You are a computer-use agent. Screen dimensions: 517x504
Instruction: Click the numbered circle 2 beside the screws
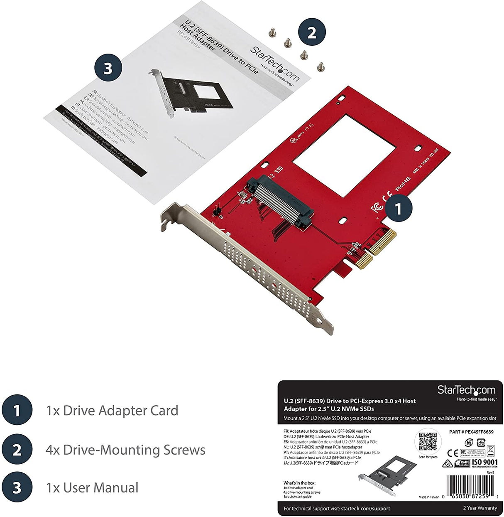click(311, 32)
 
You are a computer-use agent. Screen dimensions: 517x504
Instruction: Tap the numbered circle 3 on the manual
click(108, 68)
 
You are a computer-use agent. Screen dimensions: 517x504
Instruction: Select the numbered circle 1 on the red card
click(399, 209)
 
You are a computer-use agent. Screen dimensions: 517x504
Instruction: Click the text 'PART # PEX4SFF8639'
click(471, 432)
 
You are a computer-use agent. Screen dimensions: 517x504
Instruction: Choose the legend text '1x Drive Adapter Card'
click(112, 411)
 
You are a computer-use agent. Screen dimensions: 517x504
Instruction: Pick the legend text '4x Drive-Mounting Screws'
click(125, 450)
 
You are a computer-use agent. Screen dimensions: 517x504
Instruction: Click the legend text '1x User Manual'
click(92, 487)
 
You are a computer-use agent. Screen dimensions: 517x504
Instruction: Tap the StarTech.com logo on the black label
click(466, 391)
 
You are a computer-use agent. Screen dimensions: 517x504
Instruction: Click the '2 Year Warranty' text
click(480, 508)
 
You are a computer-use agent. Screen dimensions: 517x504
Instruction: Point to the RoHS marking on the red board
click(402, 184)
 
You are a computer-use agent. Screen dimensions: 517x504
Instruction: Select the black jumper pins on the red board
click(216, 213)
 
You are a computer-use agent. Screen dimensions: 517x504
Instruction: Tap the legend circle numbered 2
click(17, 450)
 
